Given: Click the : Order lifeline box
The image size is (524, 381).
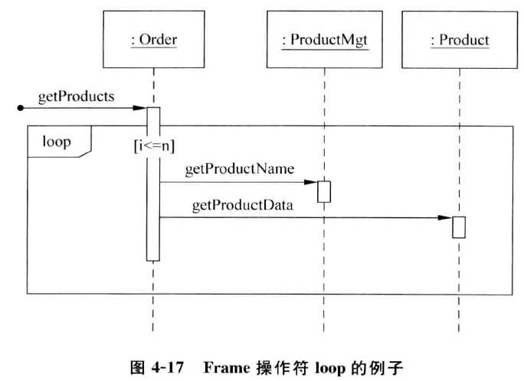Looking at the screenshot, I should click(x=153, y=39).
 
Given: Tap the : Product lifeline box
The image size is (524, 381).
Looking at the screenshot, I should click(x=459, y=39).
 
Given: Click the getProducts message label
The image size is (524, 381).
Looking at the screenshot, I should click(x=76, y=96).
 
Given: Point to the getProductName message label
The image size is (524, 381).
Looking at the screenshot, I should click(x=239, y=169).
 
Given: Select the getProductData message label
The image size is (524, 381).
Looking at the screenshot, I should click(x=241, y=207).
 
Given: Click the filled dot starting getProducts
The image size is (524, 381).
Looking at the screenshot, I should click(x=20, y=109).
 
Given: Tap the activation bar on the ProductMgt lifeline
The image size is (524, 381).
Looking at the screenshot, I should click(x=323, y=190).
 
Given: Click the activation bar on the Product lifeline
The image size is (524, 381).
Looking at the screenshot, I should click(x=459, y=227).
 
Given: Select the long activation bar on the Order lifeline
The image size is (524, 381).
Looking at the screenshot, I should click(x=153, y=184).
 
